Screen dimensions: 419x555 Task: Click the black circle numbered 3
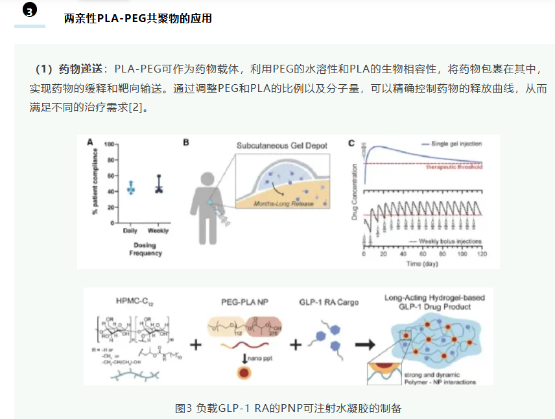coord(30,11)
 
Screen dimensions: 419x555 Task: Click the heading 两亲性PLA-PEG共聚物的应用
coord(137,19)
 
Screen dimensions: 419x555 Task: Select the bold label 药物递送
coord(82,69)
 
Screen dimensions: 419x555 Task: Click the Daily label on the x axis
coord(130,231)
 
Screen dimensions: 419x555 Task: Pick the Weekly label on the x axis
coord(158,231)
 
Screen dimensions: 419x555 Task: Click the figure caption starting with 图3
coord(289,408)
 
